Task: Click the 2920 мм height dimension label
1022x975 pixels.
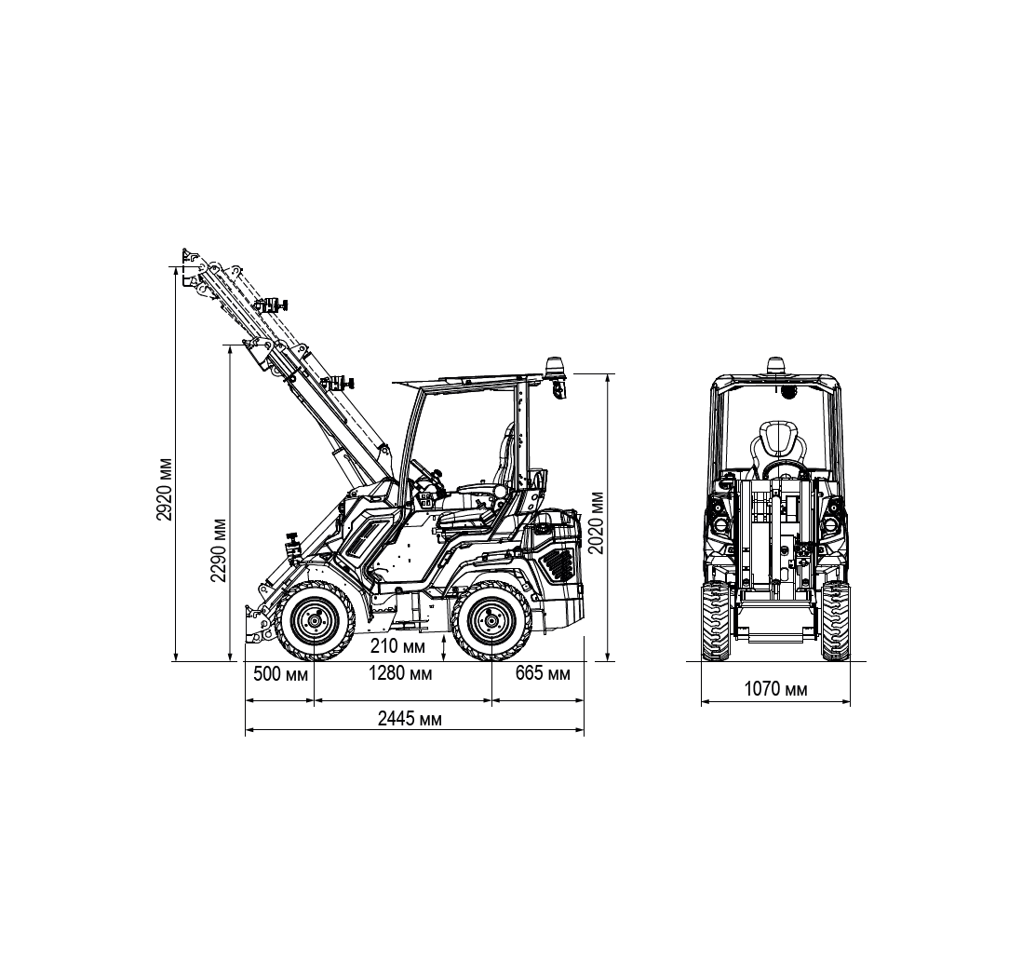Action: click(x=166, y=489)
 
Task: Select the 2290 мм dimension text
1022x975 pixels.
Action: click(x=219, y=549)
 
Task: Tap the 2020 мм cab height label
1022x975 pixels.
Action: click(x=597, y=522)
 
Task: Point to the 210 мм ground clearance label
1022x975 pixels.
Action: click(x=397, y=646)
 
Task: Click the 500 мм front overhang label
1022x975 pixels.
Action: click(x=280, y=673)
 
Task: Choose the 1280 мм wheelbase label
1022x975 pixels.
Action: click(x=400, y=673)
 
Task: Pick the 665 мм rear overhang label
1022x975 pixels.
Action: click(x=543, y=673)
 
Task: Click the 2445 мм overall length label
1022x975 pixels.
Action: click(x=410, y=719)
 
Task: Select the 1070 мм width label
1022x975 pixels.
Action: click(x=775, y=689)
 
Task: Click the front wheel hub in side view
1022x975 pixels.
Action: click(x=315, y=621)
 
